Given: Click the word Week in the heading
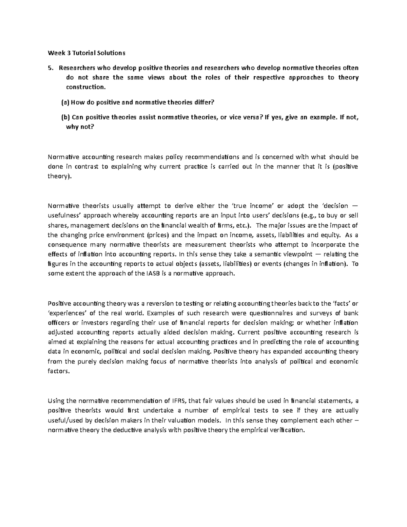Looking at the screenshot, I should (x=55, y=53).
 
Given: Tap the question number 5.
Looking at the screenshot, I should (x=51, y=68).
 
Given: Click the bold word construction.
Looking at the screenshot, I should (x=85, y=87).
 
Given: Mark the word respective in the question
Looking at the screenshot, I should (x=267, y=77).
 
